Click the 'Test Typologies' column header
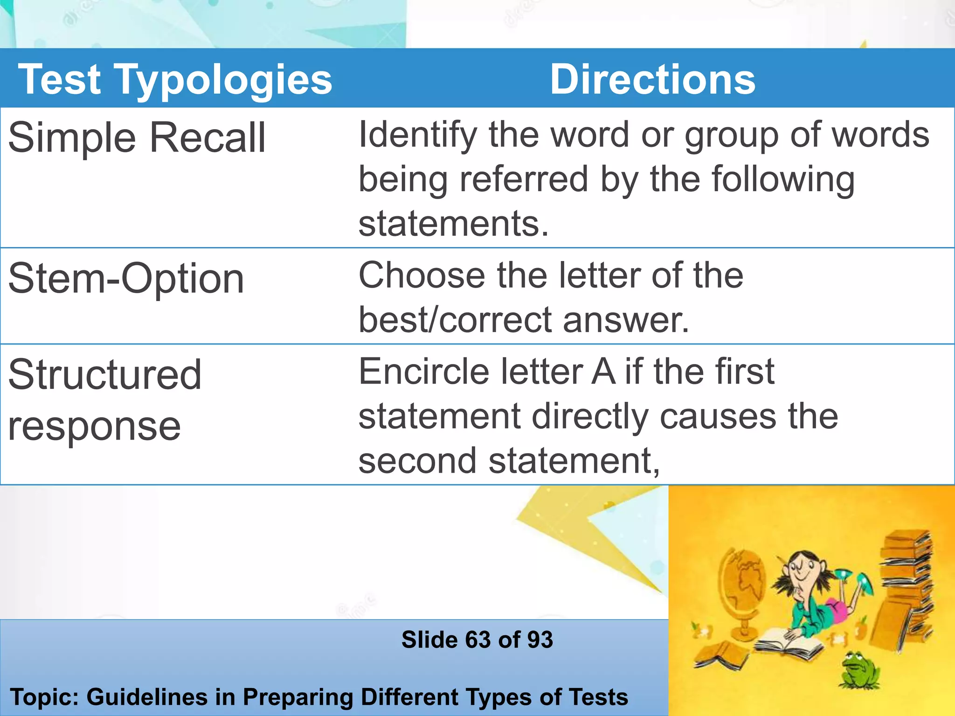(175, 80)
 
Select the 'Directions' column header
(652, 80)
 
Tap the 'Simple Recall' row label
(137, 138)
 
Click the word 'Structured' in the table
(105, 375)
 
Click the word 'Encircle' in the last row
(422, 372)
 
